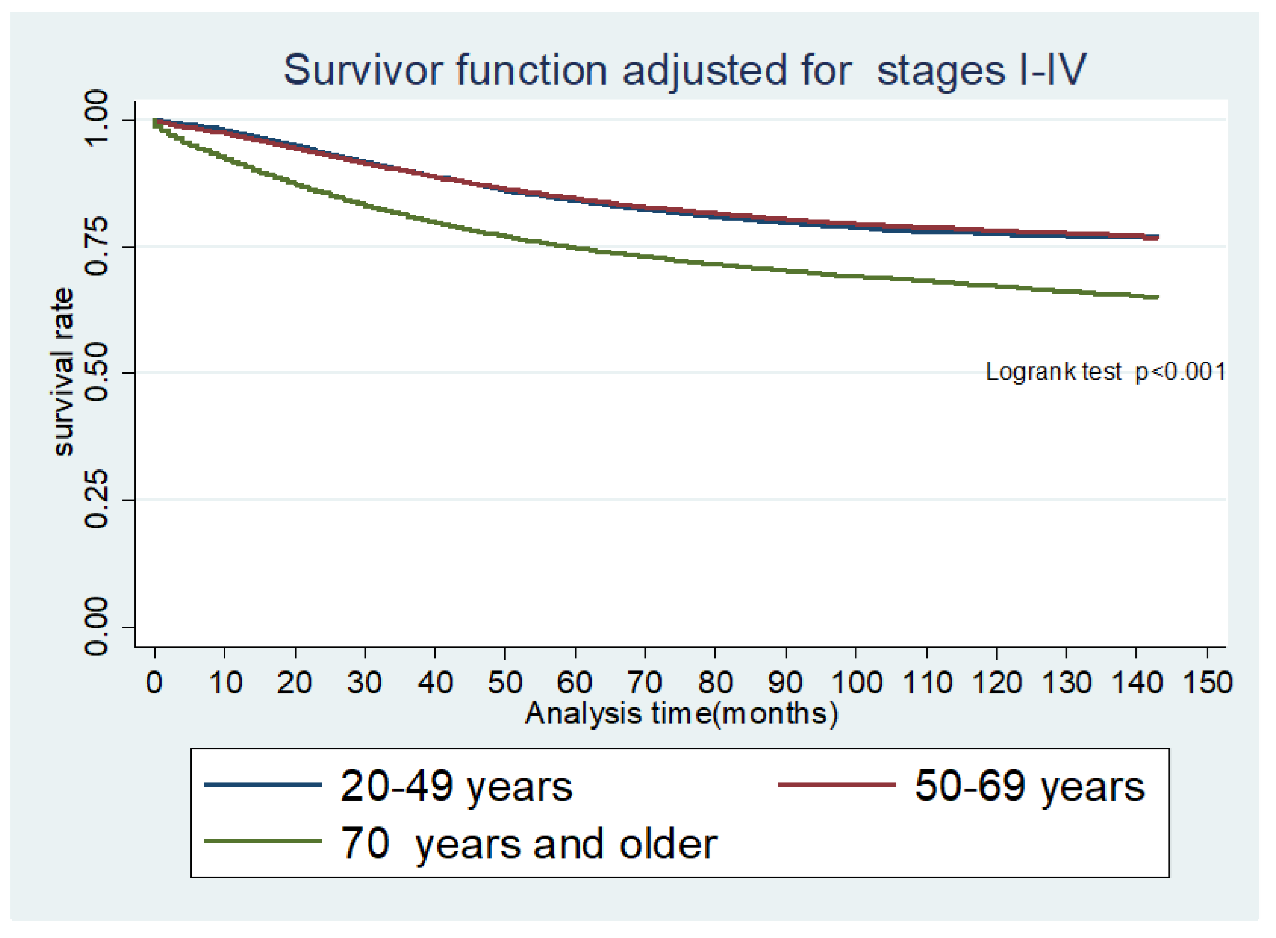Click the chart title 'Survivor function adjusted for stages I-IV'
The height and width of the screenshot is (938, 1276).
click(x=685, y=70)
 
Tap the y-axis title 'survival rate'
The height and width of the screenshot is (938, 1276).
click(x=63, y=372)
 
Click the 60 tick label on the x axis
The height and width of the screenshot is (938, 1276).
click(x=575, y=683)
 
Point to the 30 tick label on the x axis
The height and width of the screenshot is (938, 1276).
click(x=364, y=683)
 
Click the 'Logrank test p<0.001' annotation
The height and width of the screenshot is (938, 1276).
click(x=1106, y=372)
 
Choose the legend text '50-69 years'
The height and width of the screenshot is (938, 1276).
click(x=1029, y=787)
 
